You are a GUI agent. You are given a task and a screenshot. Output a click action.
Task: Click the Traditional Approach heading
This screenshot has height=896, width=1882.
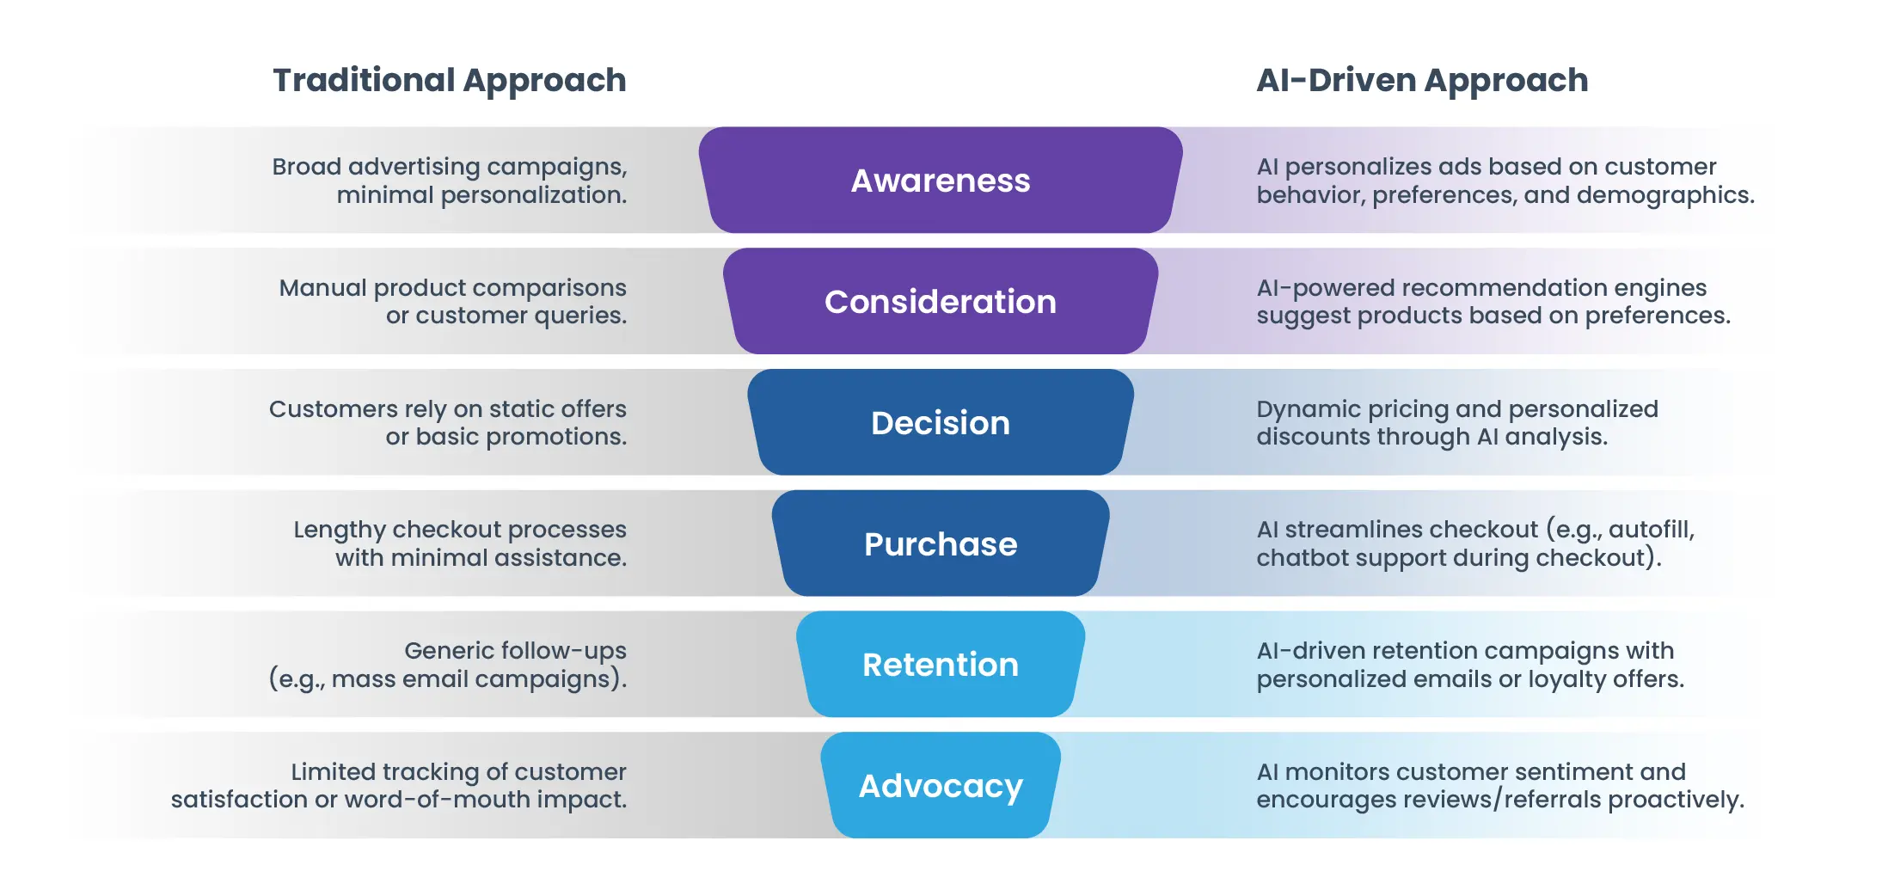click(449, 81)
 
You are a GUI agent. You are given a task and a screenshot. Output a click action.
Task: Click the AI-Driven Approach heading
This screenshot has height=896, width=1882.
click(1422, 81)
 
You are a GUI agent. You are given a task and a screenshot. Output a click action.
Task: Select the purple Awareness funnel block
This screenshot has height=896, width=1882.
click(941, 181)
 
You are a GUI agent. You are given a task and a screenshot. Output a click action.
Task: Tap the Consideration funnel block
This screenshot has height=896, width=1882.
click(941, 302)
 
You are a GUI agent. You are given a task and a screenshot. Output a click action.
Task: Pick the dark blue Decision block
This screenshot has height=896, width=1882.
click(941, 423)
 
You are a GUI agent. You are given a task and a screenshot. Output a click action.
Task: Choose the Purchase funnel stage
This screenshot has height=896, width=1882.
click(941, 544)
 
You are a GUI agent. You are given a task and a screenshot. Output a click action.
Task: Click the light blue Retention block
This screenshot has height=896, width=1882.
click(941, 665)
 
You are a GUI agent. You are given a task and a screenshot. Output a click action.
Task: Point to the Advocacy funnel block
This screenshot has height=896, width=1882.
click(941, 786)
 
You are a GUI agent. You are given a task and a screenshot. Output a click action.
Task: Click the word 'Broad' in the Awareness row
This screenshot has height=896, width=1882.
click(306, 166)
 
